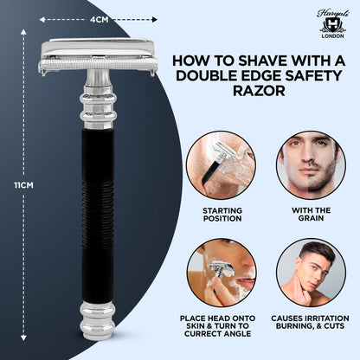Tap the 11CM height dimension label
point(21,183)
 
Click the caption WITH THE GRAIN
point(309,215)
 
